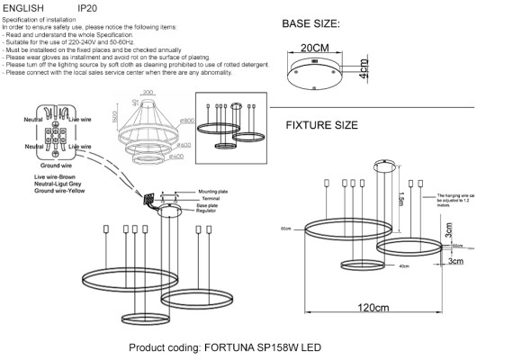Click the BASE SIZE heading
pos(324,24)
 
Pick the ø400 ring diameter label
pos(187,156)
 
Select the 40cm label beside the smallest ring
pos(378,266)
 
